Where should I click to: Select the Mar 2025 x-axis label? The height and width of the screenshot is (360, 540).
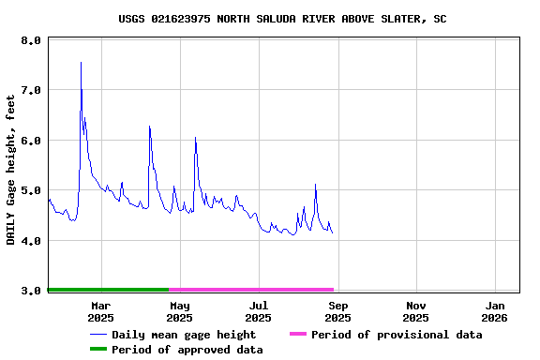click(100, 311)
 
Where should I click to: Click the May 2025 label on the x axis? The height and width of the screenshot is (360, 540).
click(180, 311)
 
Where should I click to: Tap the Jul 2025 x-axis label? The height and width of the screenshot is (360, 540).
click(259, 311)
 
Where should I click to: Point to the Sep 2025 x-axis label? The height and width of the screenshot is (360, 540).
click(338, 311)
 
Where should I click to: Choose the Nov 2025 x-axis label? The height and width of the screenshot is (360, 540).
click(417, 311)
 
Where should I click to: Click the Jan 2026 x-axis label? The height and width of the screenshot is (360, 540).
click(497, 311)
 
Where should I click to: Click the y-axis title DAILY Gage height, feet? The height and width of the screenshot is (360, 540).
click(11, 170)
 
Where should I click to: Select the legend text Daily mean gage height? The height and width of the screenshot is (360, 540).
click(184, 335)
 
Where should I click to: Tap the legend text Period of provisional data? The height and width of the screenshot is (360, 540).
click(397, 335)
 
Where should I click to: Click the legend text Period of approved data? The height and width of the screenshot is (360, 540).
click(187, 350)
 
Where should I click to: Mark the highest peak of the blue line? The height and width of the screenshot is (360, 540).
click(81, 63)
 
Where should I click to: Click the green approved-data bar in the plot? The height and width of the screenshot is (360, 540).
click(108, 290)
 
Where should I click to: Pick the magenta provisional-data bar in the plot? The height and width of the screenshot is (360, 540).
click(251, 290)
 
